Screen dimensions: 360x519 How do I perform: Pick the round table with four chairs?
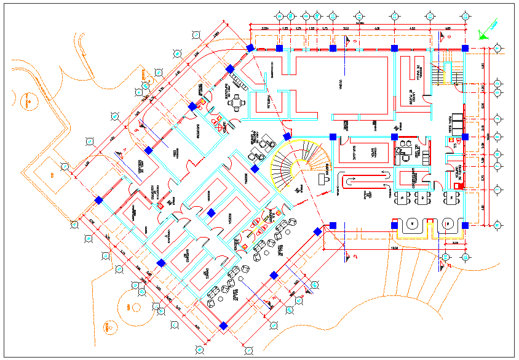(235, 102)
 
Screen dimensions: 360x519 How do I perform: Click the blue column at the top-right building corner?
(466, 48)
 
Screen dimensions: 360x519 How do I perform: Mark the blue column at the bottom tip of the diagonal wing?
(223, 324)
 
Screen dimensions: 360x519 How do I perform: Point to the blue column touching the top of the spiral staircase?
(287, 137)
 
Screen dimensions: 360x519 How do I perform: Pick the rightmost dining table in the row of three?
(453, 197)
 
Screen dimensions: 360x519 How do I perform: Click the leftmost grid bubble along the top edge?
(280, 16)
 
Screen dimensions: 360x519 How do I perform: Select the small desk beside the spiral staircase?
(322, 179)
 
